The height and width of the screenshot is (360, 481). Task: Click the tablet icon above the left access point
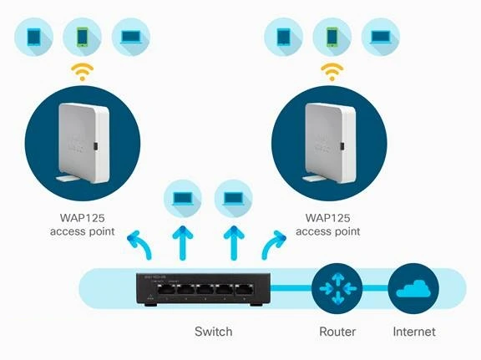33,36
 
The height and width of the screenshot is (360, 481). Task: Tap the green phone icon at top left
82,36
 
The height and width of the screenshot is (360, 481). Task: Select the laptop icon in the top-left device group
130,36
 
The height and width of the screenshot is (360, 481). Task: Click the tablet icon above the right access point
283,36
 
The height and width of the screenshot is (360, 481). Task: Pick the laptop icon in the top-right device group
380,36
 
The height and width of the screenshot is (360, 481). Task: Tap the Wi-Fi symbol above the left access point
82,71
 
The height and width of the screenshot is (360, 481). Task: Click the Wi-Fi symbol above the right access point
332,71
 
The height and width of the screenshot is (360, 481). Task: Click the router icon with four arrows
337,288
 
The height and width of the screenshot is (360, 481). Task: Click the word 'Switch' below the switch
214,332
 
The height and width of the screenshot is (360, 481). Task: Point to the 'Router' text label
337,332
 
